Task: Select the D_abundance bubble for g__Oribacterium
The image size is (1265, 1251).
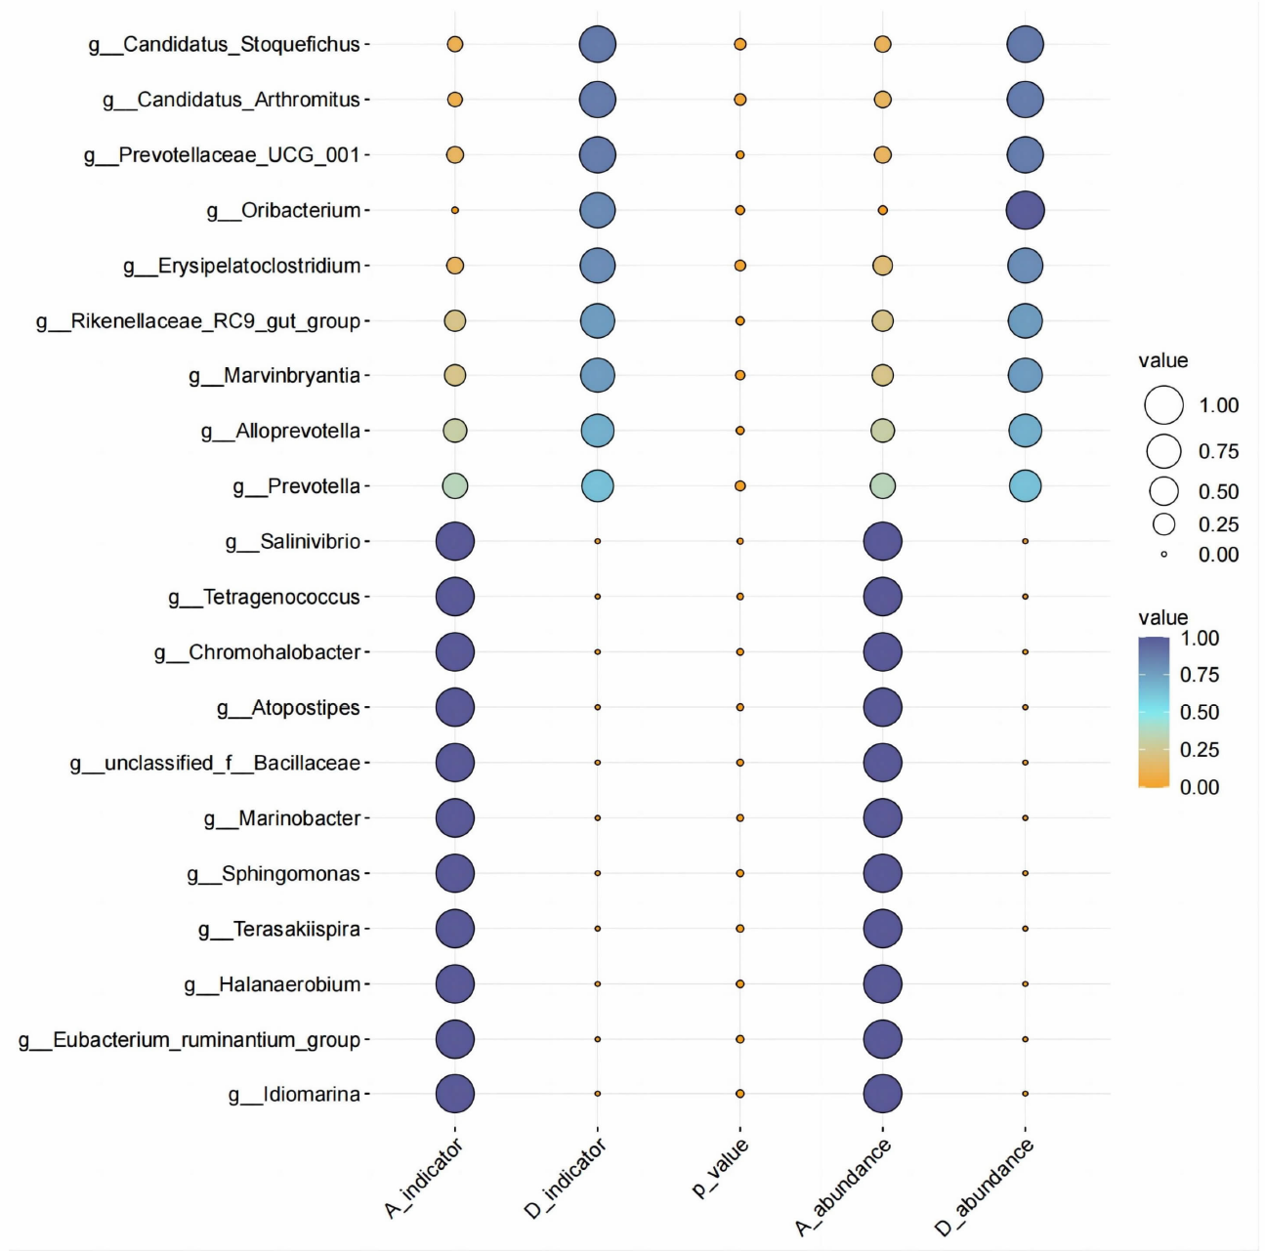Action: (1025, 210)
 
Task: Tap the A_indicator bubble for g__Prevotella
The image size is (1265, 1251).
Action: (454, 485)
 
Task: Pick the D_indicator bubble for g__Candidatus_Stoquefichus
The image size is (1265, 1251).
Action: (597, 44)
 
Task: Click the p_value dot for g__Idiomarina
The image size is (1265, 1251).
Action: (739, 1094)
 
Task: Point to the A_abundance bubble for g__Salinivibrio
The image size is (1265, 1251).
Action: (882, 541)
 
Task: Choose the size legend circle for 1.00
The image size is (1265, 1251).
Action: (1163, 405)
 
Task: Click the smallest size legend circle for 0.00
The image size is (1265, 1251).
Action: (1163, 555)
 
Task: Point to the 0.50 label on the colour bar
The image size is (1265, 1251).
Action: (1200, 713)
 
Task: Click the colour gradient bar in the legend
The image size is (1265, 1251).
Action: (1154, 712)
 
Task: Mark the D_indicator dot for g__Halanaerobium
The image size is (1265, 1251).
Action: (597, 983)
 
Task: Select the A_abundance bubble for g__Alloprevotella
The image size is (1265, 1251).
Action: (882, 431)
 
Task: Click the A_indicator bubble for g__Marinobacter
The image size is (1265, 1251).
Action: (454, 817)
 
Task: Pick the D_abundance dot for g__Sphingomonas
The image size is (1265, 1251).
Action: (1025, 873)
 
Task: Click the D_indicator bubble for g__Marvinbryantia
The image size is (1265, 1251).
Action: (597, 375)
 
